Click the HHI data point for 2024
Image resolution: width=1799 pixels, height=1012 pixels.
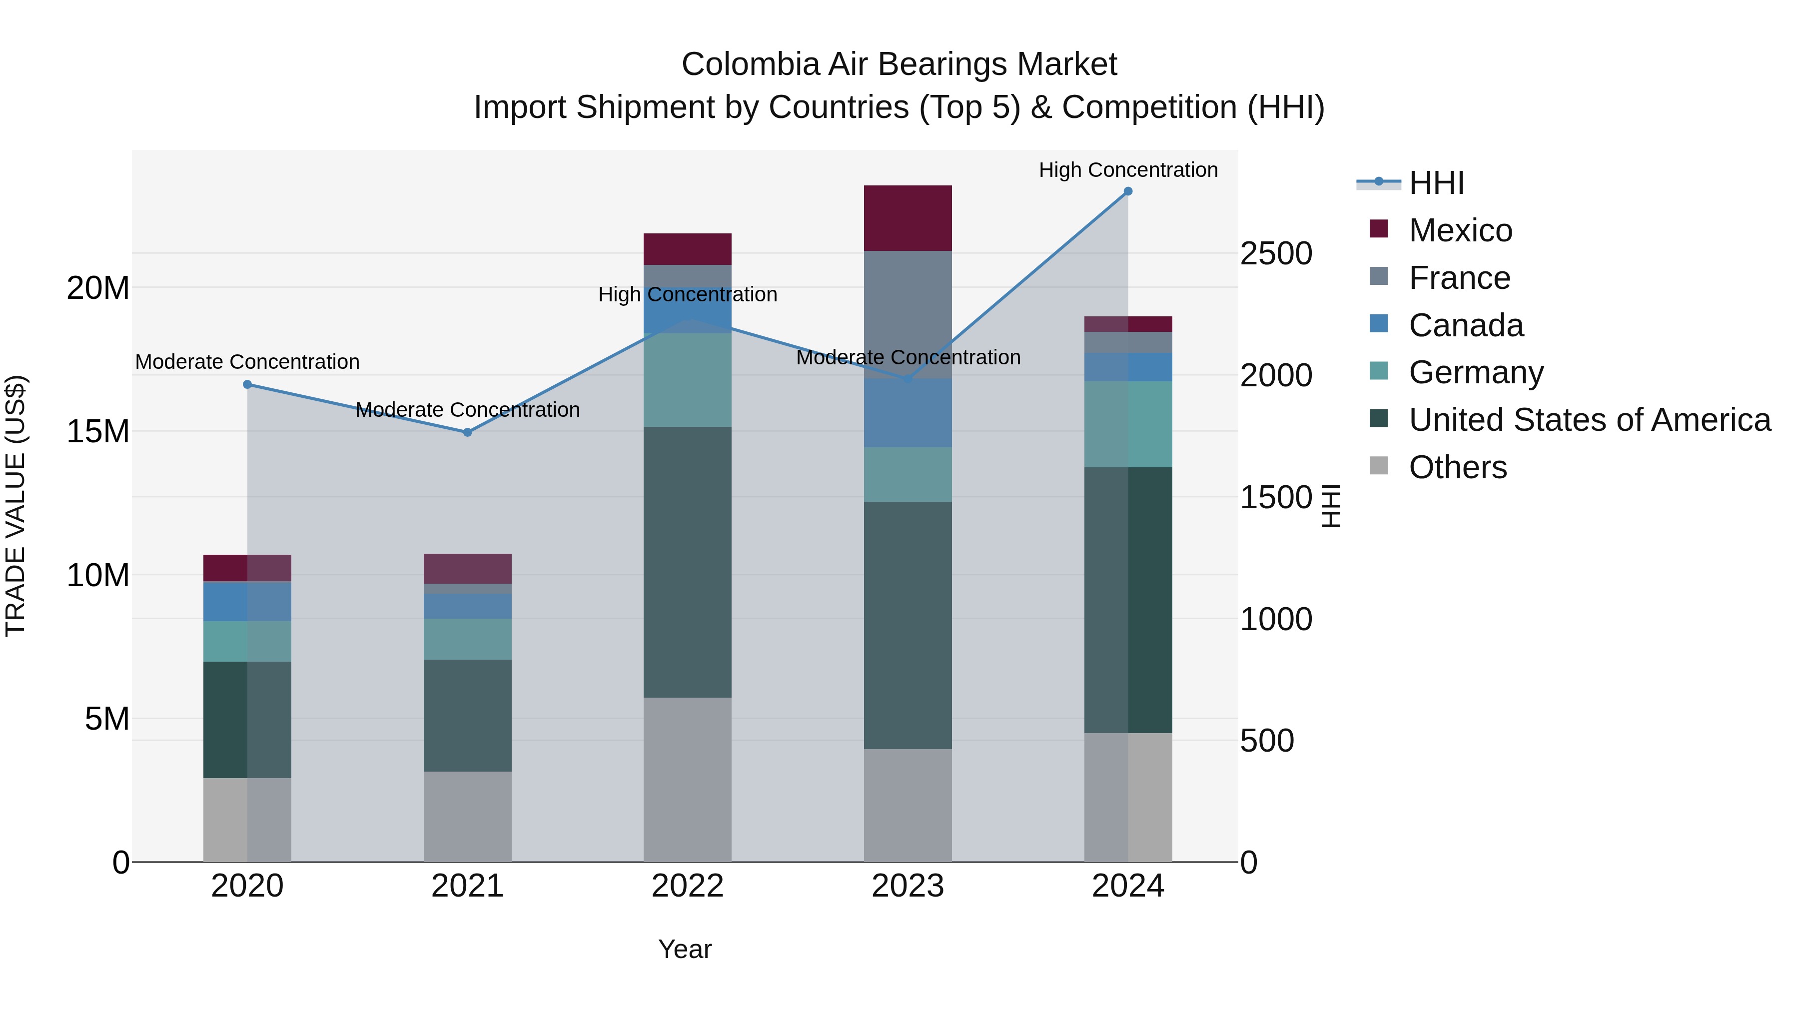[1128, 191]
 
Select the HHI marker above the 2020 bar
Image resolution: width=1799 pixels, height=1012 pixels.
[247, 384]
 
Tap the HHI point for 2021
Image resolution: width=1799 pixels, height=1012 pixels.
[468, 432]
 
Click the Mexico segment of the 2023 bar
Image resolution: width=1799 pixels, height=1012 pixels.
[907, 218]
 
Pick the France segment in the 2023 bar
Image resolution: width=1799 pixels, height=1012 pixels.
[907, 314]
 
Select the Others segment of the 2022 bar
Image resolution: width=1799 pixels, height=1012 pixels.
[687, 780]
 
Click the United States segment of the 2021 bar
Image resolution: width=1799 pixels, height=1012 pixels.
[467, 715]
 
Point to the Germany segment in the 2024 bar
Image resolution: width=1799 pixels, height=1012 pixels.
[1128, 424]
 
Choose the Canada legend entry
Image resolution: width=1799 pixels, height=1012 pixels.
[1465, 325]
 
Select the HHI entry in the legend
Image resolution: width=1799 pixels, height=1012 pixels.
[1436, 183]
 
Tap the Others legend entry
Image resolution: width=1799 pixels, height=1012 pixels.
[1458, 467]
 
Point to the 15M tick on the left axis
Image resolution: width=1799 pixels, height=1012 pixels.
[98, 432]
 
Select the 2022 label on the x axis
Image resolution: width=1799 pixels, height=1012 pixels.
[687, 886]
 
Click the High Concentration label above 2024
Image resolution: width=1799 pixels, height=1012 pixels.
[1128, 170]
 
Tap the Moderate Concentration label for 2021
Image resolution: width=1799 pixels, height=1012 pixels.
[467, 410]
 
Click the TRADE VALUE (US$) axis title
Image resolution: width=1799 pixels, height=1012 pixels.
[15, 506]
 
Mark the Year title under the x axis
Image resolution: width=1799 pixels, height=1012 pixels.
[685, 949]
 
